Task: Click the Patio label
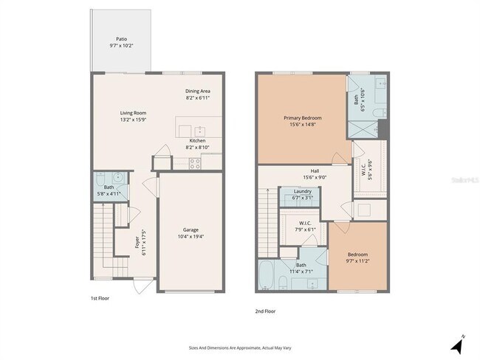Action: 121,39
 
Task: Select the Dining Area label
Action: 197,91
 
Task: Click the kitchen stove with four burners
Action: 196,164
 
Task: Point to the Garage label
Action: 191,229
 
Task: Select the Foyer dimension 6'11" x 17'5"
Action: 143,243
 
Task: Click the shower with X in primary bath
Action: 363,129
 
